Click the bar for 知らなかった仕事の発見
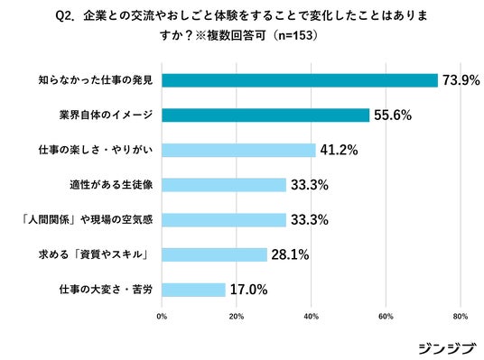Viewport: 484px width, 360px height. [x=300, y=80]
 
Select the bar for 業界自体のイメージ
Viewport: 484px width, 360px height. [x=265, y=115]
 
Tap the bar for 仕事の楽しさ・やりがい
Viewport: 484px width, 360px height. [x=239, y=151]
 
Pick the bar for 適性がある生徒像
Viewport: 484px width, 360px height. [x=224, y=185]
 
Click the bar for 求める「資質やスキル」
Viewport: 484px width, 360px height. [x=215, y=254]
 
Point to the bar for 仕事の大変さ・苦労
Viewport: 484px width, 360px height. [x=194, y=290]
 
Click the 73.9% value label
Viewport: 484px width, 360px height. [x=461, y=80]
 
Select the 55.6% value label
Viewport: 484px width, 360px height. [x=393, y=115]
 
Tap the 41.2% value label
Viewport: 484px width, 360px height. [x=339, y=150]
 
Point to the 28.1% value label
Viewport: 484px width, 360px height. [x=290, y=254]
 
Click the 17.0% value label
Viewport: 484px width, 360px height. [x=249, y=290]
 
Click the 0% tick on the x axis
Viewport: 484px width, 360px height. [x=162, y=317]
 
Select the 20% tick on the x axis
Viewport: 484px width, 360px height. [x=237, y=317]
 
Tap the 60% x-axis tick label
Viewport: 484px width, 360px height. [x=386, y=317]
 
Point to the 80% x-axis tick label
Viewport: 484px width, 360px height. [x=461, y=317]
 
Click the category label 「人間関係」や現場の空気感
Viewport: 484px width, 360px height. [x=87, y=219]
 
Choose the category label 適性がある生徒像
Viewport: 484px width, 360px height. [x=111, y=185]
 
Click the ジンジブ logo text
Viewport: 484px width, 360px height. [x=446, y=348]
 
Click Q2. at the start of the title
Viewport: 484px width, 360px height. [x=65, y=16]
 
